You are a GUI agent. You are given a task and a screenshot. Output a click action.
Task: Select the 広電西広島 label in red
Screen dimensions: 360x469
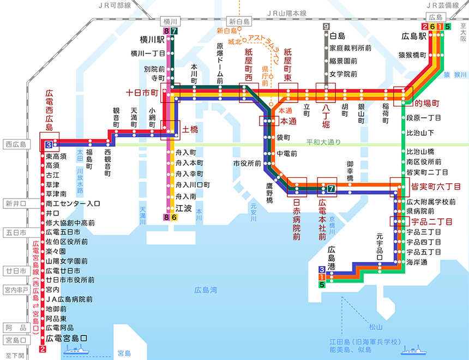49,111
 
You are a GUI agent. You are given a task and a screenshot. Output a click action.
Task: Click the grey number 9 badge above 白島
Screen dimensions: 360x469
326,27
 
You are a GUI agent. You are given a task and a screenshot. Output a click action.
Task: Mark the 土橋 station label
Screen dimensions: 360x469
189,130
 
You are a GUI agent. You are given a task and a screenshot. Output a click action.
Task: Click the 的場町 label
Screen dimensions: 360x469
427,103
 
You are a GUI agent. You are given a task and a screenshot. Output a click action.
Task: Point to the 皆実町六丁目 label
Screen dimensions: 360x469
434,187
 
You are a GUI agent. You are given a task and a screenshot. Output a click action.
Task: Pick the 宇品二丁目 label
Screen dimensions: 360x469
430,222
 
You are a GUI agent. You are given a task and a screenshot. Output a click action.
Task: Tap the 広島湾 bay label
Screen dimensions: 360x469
206,290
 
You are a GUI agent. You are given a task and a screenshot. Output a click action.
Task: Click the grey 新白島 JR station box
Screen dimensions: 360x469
239,21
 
